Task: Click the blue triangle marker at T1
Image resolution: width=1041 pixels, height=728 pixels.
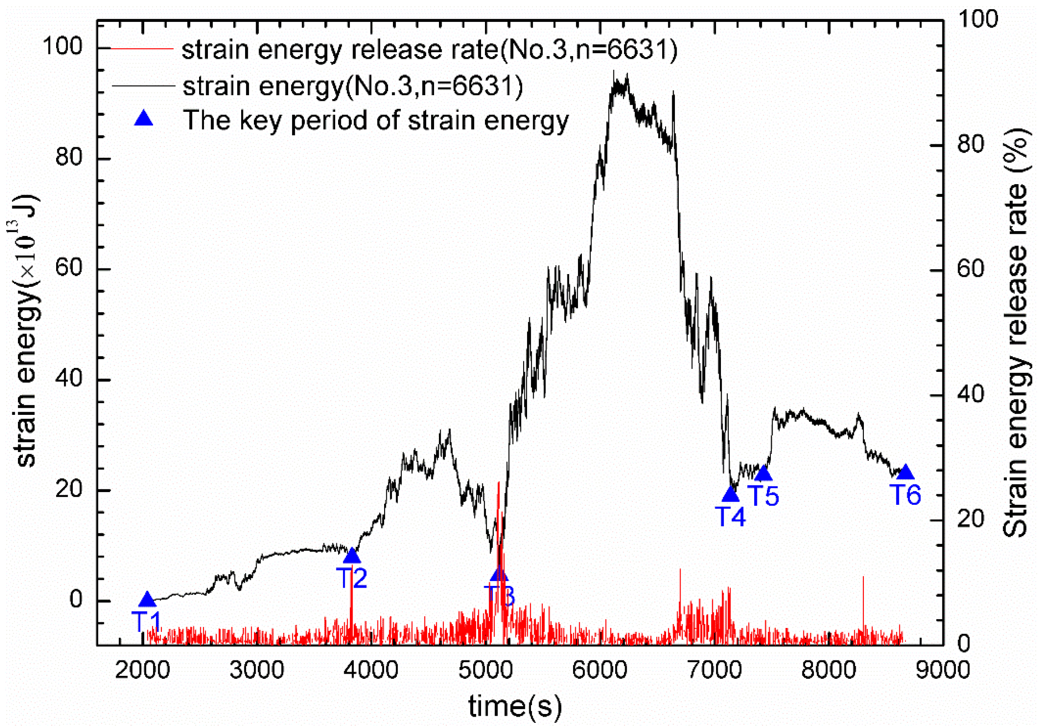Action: (147, 600)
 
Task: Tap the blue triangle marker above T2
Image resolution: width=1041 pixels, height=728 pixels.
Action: (352, 557)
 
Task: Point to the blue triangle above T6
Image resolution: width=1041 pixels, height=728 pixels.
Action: (906, 473)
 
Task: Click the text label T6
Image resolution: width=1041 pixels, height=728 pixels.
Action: (906, 495)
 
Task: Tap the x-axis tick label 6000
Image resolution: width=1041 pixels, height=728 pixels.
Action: (599, 671)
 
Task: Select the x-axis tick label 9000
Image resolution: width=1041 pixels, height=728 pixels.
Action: (942, 671)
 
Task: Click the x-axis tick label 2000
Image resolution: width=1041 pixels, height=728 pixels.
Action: (143, 671)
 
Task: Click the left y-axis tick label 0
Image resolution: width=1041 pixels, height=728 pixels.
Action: (76, 600)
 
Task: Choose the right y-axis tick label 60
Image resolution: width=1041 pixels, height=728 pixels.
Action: (971, 269)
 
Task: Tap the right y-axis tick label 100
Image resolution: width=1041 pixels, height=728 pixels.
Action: (978, 19)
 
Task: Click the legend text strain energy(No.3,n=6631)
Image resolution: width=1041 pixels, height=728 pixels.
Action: (353, 86)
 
